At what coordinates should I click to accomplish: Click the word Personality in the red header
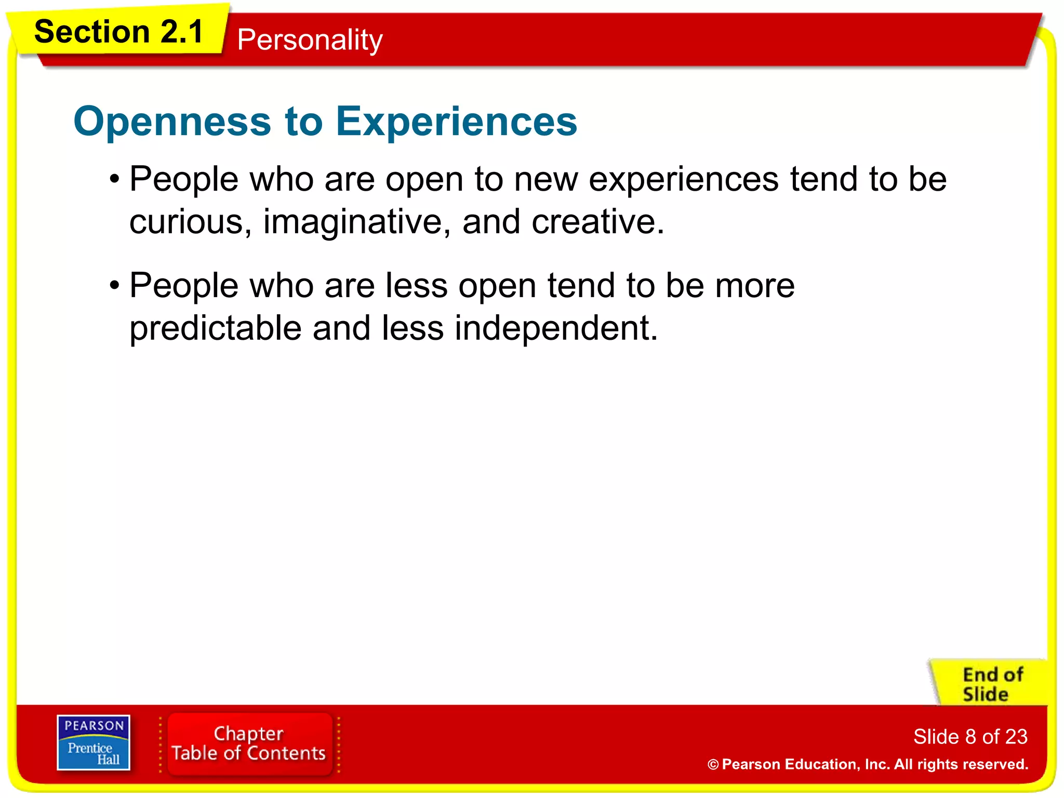(x=310, y=40)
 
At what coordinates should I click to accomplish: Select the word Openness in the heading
(x=172, y=122)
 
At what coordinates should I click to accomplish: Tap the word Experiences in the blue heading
(x=456, y=122)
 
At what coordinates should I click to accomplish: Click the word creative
(x=597, y=222)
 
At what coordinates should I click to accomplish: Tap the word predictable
(x=215, y=329)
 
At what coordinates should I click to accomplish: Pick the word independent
(x=556, y=329)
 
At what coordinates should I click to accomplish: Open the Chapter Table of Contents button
(x=249, y=743)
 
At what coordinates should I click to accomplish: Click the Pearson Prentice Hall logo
(x=94, y=742)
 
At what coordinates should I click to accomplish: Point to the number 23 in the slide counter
(x=1016, y=737)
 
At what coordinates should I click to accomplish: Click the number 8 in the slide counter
(x=970, y=737)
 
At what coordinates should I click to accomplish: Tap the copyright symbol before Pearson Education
(x=713, y=765)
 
